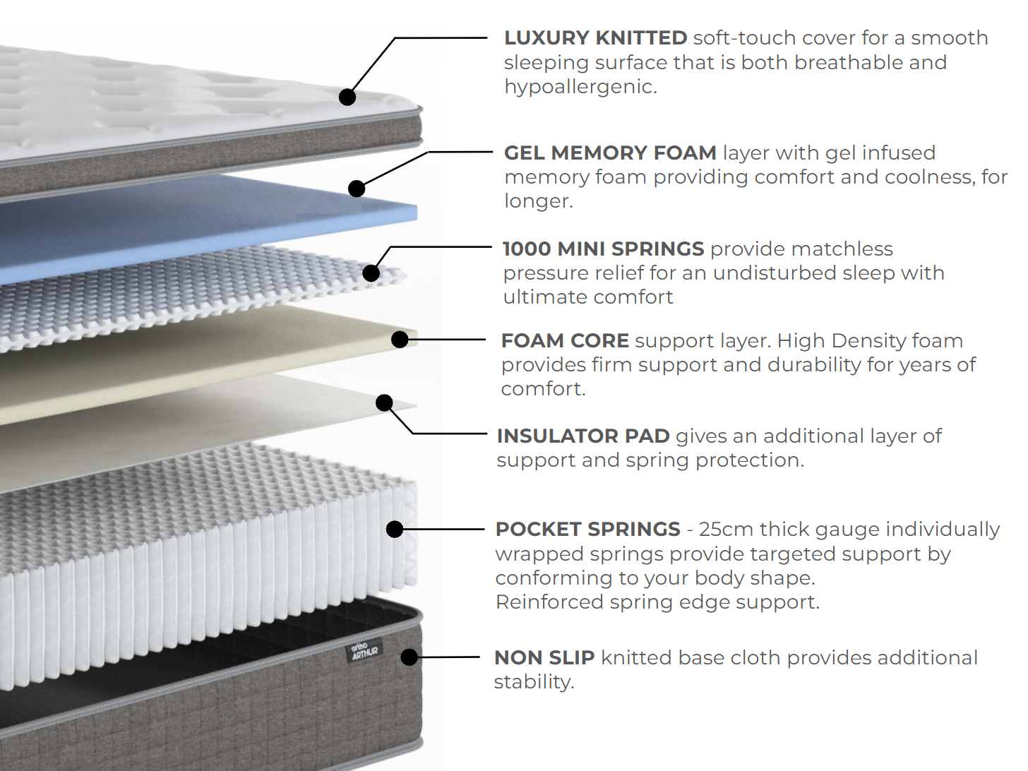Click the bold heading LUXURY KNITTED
pos(595,38)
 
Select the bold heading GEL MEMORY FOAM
pos(610,153)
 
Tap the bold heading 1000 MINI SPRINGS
pos(603,249)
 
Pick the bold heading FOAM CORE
pos(565,341)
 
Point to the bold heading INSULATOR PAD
pos(583,436)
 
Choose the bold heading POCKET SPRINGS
pos(587,530)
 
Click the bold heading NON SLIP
pos(544,658)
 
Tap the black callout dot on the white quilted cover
pos(347,97)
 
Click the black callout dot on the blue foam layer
pos(357,189)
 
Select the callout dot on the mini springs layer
pos(371,273)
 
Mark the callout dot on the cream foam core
pos(400,340)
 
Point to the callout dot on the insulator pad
pos(384,402)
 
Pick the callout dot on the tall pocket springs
pos(395,529)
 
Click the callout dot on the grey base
pos(410,657)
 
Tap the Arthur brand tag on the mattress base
pos(364,651)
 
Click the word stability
pos(534,683)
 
